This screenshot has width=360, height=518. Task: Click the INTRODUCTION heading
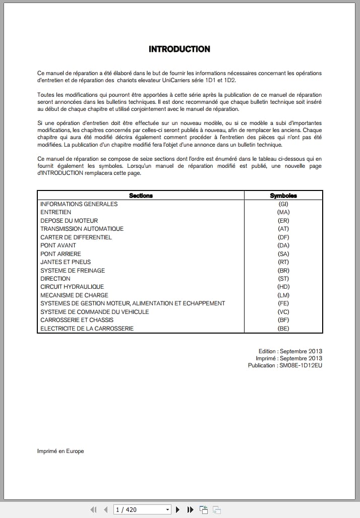(x=179, y=49)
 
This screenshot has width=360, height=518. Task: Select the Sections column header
(x=141, y=196)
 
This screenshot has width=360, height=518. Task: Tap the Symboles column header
(x=283, y=196)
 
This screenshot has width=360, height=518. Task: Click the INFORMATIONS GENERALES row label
(x=79, y=204)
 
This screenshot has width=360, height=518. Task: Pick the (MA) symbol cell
(x=283, y=212)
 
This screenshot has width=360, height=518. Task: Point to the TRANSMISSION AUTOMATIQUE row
(x=82, y=229)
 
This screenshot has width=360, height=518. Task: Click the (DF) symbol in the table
(x=283, y=237)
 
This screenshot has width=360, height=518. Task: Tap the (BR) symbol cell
(x=283, y=271)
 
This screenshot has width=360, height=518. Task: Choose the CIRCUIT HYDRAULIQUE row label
(x=72, y=287)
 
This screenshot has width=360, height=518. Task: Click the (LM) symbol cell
(x=283, y=295)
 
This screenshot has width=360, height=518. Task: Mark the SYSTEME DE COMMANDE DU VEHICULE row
(x=95, y=312)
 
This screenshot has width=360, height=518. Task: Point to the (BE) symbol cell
(x=283, y=329)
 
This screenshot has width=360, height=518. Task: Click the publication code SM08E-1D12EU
(x=301, y=365)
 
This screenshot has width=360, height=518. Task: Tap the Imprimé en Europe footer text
(x=61, y=451)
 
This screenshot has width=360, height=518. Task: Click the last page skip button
(x=190, y=509)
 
